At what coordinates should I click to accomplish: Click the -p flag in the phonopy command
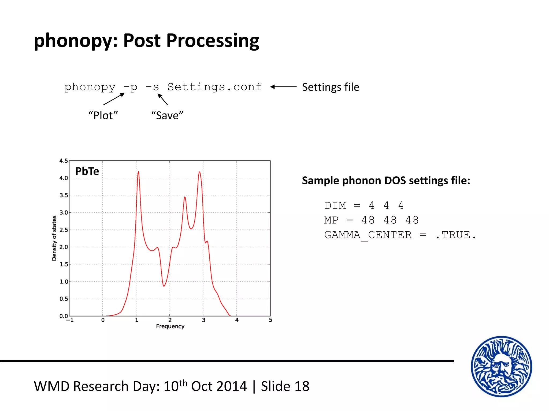coord(131,87)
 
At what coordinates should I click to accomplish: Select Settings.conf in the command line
coord(214,87)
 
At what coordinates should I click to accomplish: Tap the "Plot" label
coord(103,116)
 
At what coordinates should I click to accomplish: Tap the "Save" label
coord(167,116)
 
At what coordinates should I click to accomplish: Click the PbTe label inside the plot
coord(87,171)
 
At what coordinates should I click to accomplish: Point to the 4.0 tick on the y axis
coord(64,178)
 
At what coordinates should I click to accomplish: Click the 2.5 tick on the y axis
coord(64,230)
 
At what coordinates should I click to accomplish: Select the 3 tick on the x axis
coord(203,320)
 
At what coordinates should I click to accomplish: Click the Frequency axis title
coord(170,326)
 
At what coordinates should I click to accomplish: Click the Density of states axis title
coord(54,238)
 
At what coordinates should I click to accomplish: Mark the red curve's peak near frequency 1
coord(138,172)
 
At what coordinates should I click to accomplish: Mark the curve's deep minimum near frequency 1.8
coord(164,286)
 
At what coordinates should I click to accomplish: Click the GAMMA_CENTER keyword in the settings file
coord(368,235)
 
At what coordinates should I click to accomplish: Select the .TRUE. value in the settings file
coord(456,235)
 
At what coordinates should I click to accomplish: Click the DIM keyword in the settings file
coord(335,206)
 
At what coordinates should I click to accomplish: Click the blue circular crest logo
coord(501,367)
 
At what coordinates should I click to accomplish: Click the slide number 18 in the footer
coord(302,386)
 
